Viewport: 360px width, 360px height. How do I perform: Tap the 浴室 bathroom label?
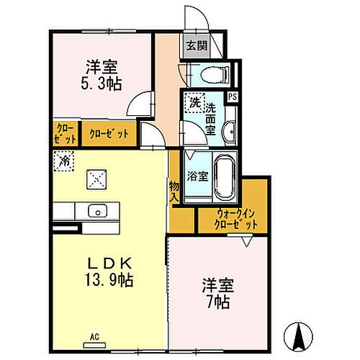(x=197, y=175)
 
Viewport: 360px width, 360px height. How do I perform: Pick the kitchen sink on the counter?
(x=96, y=211)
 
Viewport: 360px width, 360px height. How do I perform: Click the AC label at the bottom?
(x=94, y=336)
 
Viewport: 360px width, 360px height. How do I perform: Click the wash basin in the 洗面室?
(x=229, y=131)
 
